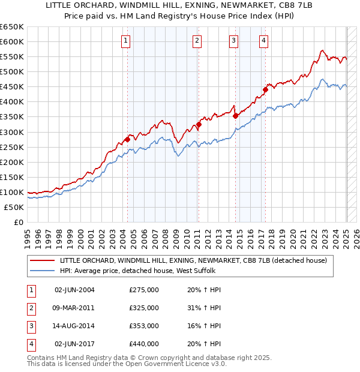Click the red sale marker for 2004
click(x=127, y=139)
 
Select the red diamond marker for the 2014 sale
click(x=235, y=116)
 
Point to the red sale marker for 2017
click(x=265, y=89)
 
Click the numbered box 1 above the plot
click(x=126, y=41)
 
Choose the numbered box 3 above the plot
click(x=233, y=41)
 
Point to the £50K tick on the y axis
click(x=14, y=207)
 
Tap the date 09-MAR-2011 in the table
click(x=75, y=308)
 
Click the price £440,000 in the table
click(x=144, y=344)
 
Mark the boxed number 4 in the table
click(x=29, y=344)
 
